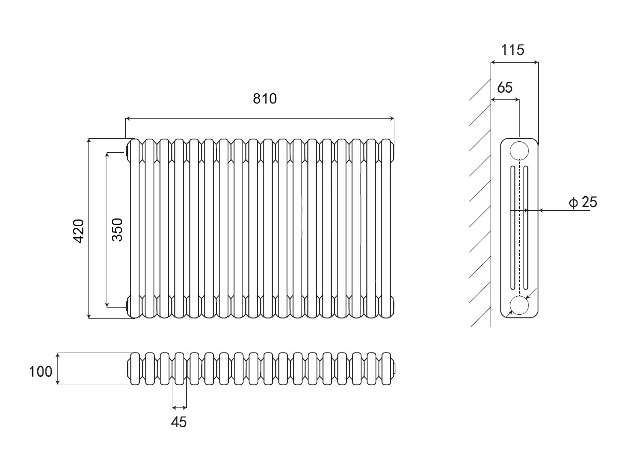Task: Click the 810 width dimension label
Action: (x=265, y=98)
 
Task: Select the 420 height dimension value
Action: (x=78, y=230)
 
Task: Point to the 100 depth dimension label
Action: (x=40, y=371)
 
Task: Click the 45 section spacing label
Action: (x=179, y=422)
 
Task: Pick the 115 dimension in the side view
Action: (x=513, y=50)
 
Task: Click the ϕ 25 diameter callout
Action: (x=583, y=202)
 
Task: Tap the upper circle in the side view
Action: (x=519, y=151)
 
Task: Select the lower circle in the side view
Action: (x=519, y=305)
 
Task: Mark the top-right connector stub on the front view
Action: (x=395, y=151)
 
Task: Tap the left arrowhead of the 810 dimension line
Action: (x=128, y=119)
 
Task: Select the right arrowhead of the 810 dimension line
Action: (x=391, y=119)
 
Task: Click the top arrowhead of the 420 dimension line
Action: (x=89, y=141)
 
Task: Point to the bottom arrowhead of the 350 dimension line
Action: (x=107, y=303)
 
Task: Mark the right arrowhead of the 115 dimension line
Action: (x=536, y=63)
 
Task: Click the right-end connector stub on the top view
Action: (x=395, y=369)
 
